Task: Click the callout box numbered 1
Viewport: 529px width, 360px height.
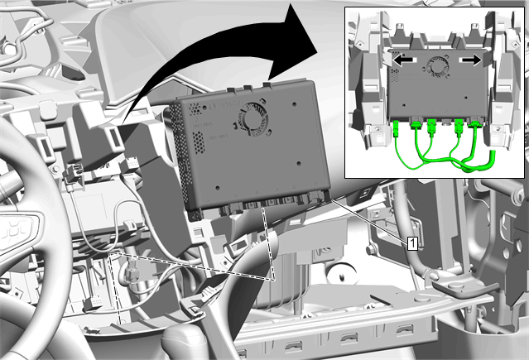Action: pos(412,243)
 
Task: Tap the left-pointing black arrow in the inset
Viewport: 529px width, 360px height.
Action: pos(403,60)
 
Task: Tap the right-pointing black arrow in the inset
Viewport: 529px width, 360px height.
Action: pos(472,60)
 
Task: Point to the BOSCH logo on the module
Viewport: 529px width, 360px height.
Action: pos(224,105)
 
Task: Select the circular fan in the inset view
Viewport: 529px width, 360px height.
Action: pos(437,65)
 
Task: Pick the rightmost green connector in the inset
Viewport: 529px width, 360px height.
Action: pos(476,126)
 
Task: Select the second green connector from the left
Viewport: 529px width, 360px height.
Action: pos(416,124)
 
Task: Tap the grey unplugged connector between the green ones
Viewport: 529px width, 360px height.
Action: pos(445,122)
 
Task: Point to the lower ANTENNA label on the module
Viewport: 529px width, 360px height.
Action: pos(219,138)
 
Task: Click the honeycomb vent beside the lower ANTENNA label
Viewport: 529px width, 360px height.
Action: pos(199,141)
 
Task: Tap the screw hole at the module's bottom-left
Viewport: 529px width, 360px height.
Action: pos(218,188)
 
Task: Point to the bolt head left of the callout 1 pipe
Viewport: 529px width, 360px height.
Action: pos(370,250)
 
